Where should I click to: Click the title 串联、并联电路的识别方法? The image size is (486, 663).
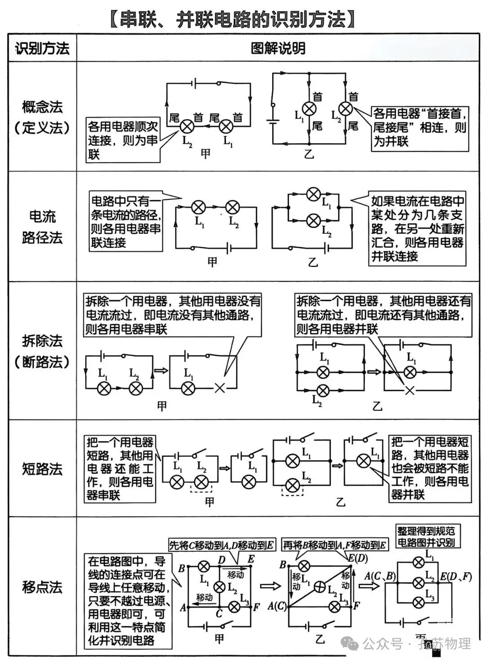pyautogui.click(x=234, y=19)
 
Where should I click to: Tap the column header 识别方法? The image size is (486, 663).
pyautogui.click(x=43, y=48)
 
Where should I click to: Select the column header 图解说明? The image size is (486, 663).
pyautogui.click(x=278, y=48)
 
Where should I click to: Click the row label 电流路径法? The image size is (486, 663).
pyautogui.click(x=43, y=227)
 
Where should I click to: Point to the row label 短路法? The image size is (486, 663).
pyautogui.click(x=43, y=469)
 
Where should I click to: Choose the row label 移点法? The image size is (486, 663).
pyautogui.click(x=43, y=587)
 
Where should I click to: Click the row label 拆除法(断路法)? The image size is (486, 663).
pyautogui.click(x=43, y=351)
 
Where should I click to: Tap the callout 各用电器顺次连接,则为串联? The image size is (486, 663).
pyautogui.click(x=123, y=140)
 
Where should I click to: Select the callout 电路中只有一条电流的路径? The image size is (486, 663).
pyautogui.click(x=126, y=222)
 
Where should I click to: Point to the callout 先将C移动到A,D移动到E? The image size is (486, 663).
pyautogui.click(x=221, y=545)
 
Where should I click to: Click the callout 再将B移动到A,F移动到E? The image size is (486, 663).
pyautogui.click(x=334, y=545)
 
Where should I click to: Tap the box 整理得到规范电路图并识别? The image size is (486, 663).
pyautogui.click(x=425, y=537)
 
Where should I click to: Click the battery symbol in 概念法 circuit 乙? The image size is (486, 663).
pyautogui.click(x=272, y=122)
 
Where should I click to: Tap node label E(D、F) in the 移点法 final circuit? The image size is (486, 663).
pyautogui.click(x=456, y=577)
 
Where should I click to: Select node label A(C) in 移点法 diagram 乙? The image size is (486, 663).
pyautogui.click(x=277, y=606)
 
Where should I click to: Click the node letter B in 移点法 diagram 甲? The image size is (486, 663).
pyautogui.click(x=181, y=568)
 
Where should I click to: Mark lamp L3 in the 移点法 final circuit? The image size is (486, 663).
pyautogui.click(x=418, y=602)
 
